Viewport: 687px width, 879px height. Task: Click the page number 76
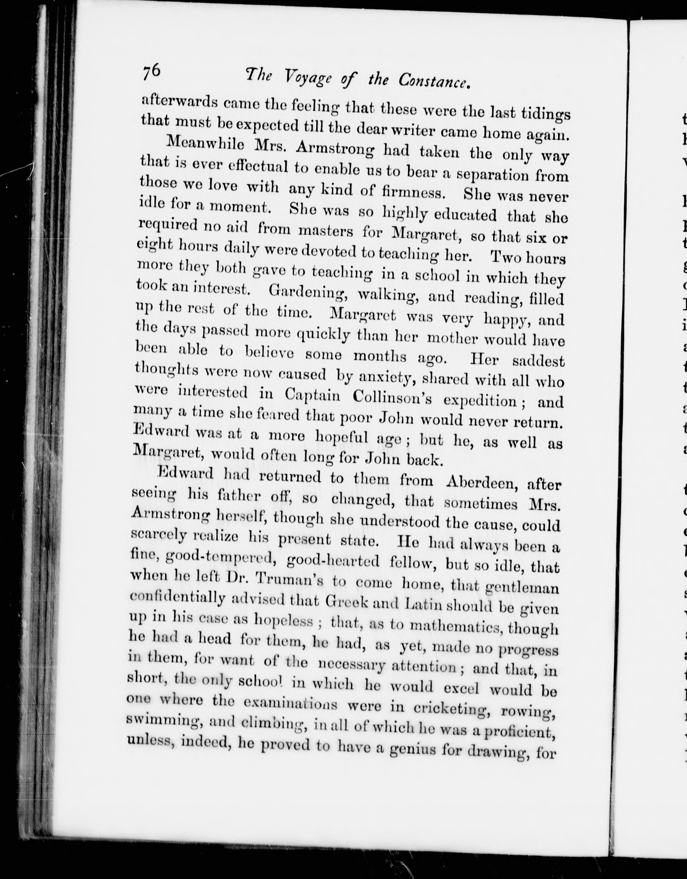[151, 73]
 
